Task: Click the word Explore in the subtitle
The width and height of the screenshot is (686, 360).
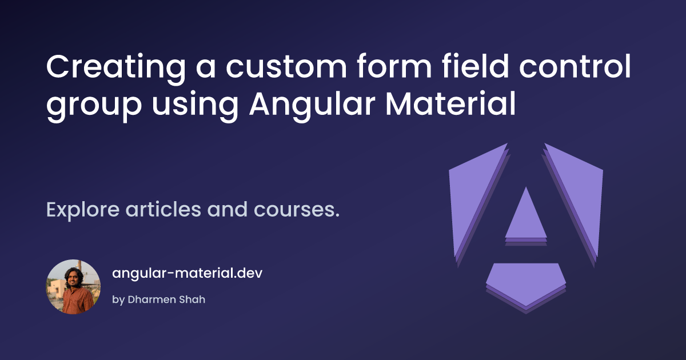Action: [83, 211]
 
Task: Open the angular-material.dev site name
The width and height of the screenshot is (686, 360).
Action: [187, 273]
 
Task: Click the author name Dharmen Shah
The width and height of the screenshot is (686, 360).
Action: [166, 299]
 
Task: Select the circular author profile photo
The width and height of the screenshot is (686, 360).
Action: [73, 287]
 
